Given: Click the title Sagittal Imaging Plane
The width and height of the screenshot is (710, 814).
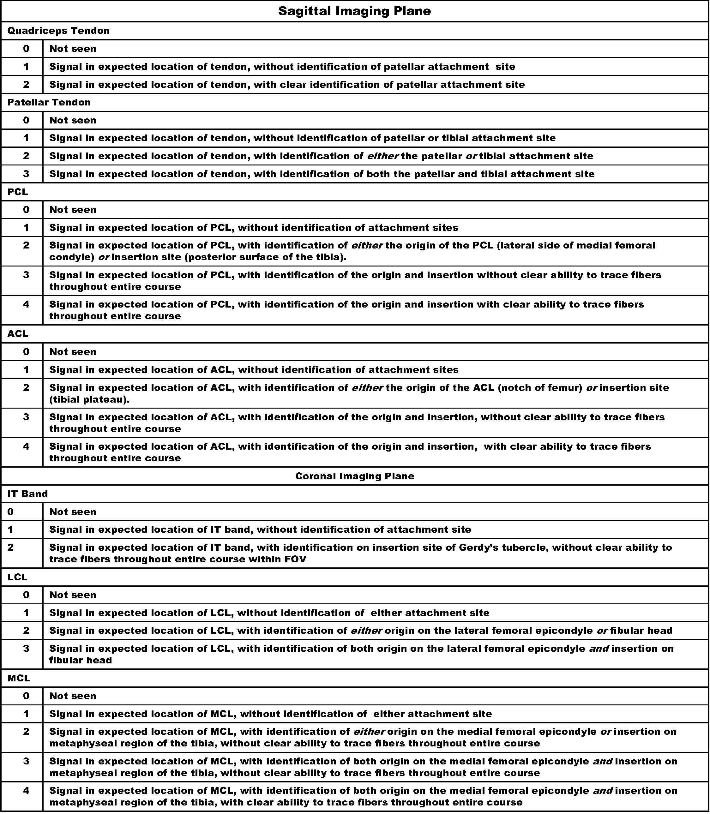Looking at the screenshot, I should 355,11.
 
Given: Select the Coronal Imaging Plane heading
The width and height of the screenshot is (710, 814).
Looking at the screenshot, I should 355,476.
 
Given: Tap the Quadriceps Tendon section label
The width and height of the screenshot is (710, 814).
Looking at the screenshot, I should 59,31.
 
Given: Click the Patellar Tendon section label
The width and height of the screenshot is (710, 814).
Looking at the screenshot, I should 49,102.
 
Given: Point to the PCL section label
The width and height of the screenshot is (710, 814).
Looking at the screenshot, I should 18,192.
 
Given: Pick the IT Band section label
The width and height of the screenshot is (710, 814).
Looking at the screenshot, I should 28,494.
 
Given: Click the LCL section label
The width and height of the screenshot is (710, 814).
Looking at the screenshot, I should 17,577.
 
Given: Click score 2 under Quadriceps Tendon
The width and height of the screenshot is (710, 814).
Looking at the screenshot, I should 26,84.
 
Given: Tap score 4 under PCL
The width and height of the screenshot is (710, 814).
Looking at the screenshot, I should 26,304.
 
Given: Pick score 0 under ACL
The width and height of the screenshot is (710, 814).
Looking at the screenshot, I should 26,351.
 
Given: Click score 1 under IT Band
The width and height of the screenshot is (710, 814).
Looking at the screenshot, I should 11,529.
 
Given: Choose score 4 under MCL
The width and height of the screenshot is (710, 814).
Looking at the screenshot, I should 26,790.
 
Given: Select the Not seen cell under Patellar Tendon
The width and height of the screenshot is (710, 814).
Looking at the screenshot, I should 73,120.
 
